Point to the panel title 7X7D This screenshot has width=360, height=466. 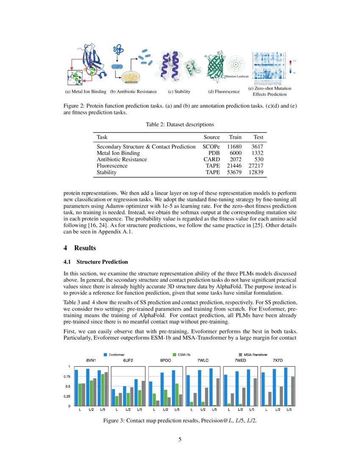point(278,360)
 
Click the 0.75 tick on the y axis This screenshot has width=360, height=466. point(67,377)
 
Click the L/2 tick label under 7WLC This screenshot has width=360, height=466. point(203,410)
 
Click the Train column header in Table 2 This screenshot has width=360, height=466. point(235,137)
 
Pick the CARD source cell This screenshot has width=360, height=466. point(212,159)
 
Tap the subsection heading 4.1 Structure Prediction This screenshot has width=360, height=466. point(95,262)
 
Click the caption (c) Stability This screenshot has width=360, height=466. point(179,92)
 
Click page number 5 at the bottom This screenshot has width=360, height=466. point(180,439)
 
